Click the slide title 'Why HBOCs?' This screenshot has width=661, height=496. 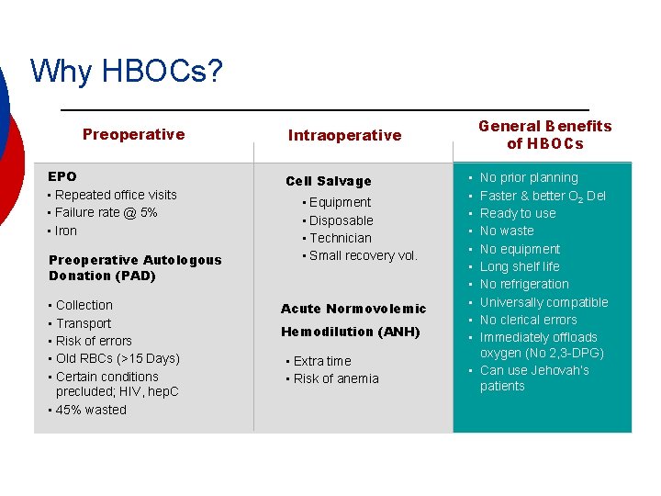[126, 71]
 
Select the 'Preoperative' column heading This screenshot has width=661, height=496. [133, 134]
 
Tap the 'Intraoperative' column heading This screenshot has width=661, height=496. [344, 135]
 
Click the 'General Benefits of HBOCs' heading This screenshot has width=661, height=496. [544, 134]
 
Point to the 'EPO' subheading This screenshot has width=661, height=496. [62, 176]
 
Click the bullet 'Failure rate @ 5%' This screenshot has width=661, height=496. [106, 212]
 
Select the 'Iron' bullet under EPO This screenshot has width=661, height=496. [66, 231]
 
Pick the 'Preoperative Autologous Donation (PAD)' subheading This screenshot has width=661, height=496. [135, 267]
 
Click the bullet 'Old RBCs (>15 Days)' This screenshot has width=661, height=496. [118, 358]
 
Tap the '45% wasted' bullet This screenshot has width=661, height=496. [91, 410]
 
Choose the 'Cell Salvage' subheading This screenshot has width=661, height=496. [329, 181]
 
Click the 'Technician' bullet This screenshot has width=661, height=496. [341, 238]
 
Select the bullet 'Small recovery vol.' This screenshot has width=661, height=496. [363, 255]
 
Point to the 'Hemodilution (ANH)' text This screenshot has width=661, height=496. [350, 332]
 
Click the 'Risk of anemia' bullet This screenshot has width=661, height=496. [336, 378]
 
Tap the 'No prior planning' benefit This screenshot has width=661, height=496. [529, 177]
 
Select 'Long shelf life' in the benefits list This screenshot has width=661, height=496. [520, 266]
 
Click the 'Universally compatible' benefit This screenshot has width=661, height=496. [543, 302]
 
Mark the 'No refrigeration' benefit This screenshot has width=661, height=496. [524, 284]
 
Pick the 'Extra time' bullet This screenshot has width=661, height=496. [322, 361]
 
